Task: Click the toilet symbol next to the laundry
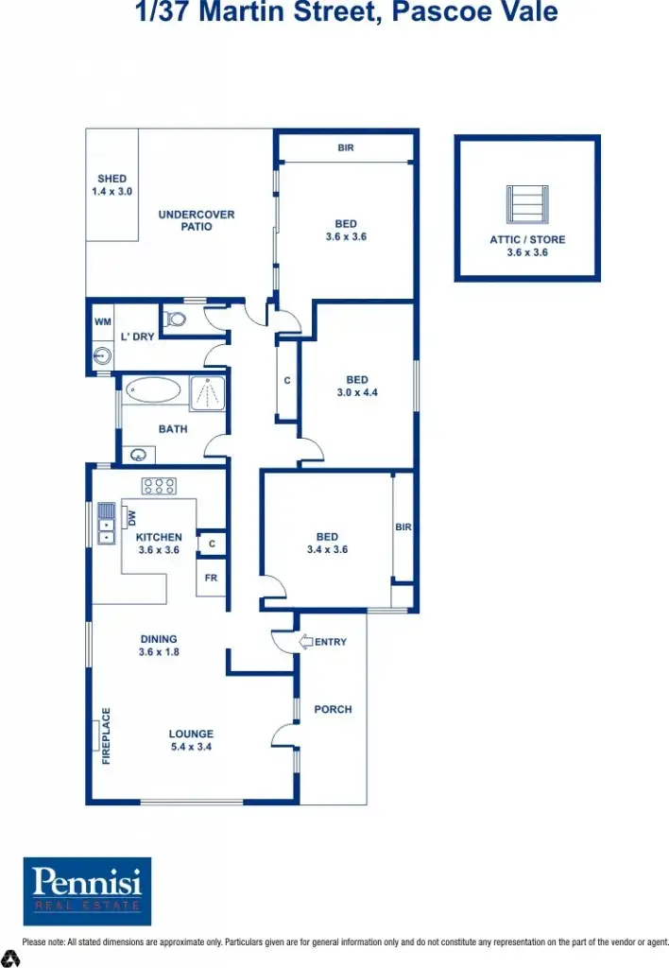[x=174, y=318]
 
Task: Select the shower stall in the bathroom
[x=208, y=393]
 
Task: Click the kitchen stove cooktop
[x=159, y=486]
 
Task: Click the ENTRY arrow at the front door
[x=307, y=642]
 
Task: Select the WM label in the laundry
[x=102, y=321]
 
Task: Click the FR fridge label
[x=211, y=577]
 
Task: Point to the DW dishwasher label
[x=132, y=517]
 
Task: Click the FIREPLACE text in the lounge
[x=106, y=735]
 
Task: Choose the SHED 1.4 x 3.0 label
[x=111, y=184]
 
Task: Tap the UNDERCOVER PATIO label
[x=197, y=220]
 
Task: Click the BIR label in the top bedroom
[x=346, y=148]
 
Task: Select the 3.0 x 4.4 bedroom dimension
[x=357, y=392]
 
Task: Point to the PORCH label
[x=333, y=710]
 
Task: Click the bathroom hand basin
[x=138, y=455]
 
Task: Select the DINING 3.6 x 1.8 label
[x=159, y=645]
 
